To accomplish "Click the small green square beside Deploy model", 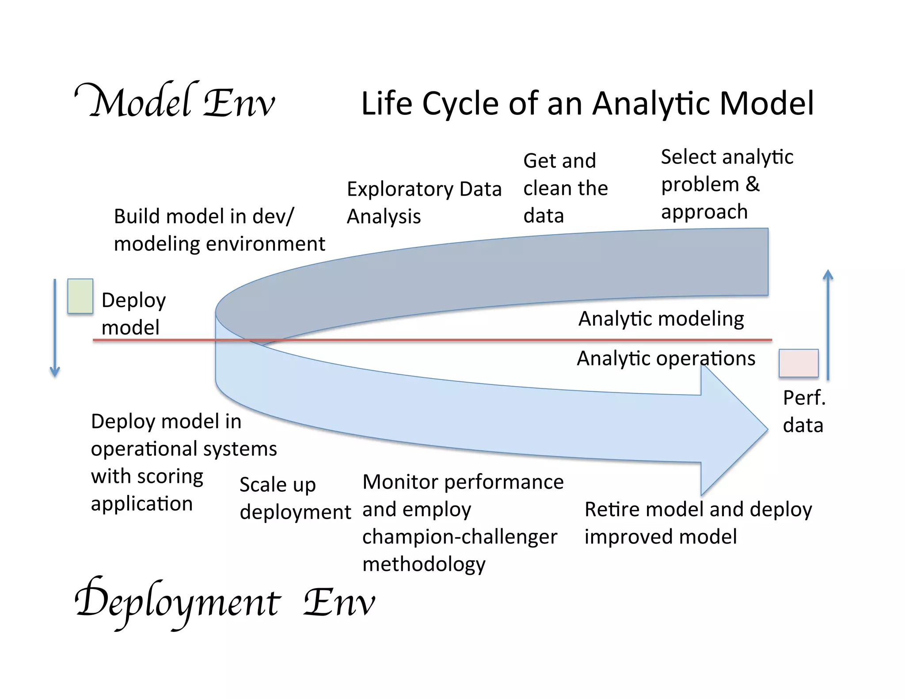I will [80, 296].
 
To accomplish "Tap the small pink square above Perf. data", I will [798, 363].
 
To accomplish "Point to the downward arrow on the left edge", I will [55, 327].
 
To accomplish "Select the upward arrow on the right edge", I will [828, 325].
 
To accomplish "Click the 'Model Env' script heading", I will [175, 102].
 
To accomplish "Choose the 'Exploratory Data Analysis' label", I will [424, 202].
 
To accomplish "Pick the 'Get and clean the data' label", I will [565, 188].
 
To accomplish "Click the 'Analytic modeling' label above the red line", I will [661, 319].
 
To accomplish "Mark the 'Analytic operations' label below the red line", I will [665, 358].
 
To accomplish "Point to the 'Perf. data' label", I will [804, 411].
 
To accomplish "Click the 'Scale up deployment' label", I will [295, 498].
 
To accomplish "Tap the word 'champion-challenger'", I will [460, 537].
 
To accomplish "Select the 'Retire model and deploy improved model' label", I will [698, 523].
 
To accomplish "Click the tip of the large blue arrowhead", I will [767, 428].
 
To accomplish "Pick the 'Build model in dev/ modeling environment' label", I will [219, 230].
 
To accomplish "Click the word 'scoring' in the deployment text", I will [170, 476].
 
